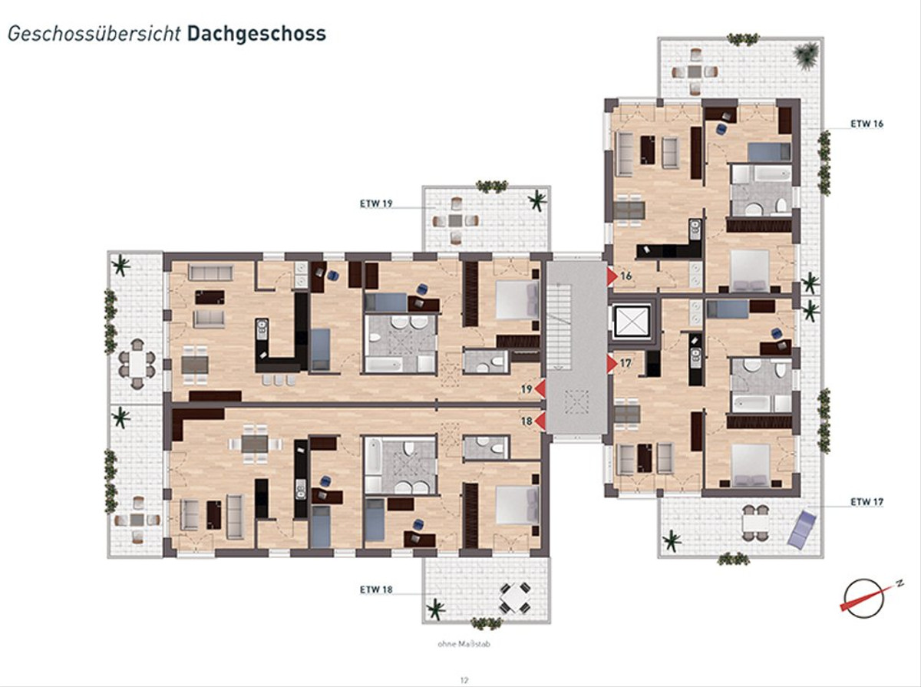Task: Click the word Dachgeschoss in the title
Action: click(x=256, y=34)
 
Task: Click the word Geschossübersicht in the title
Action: click(x=94, y=35)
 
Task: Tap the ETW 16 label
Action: click(x=867, y=124)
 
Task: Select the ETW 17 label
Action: click(x=867, y=501)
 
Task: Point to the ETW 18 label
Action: click(x=376, y=590)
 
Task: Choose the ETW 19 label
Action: click(x=376, y=203)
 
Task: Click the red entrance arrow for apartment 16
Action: click(x=612, y=276)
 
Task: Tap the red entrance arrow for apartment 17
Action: click(x=612, y=363)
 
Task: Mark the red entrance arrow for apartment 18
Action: click(x=540, y=421)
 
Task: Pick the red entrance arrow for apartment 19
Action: click(x=540, y=388)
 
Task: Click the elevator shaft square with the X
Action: click(x=632, y=322)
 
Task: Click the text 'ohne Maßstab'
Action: click(x=464, y=644)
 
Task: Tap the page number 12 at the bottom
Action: click(x=464, y=680)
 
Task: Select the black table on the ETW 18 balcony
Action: click(x=515, y=598)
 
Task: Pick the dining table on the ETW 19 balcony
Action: click(x=456, y=220)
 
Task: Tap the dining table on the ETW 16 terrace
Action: click(x=695, y=71)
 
